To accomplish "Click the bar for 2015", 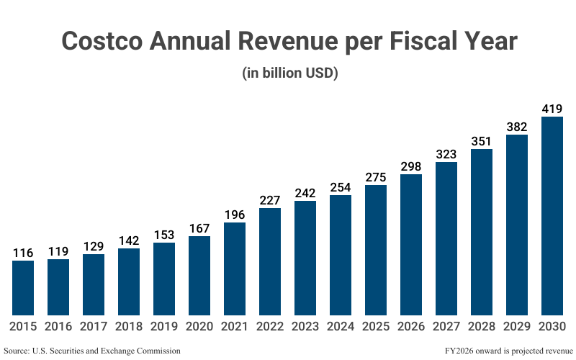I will (x=23, y=288).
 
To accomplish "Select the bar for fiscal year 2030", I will (x=552, y=216).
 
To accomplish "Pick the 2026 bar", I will (x=411, y=245).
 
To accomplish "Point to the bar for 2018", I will (x=129, y=282).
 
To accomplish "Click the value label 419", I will (x=552, y=109).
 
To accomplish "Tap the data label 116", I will (x=23, y=253).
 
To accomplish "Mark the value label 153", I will (x=164, y=235).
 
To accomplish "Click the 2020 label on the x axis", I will (x=199, y=327).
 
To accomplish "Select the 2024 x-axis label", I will (x=341, y=327).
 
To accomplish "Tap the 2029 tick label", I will (x=517, y=327).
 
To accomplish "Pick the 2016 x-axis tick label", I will (x=58, y=327).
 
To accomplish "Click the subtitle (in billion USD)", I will (x=288, y=73).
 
